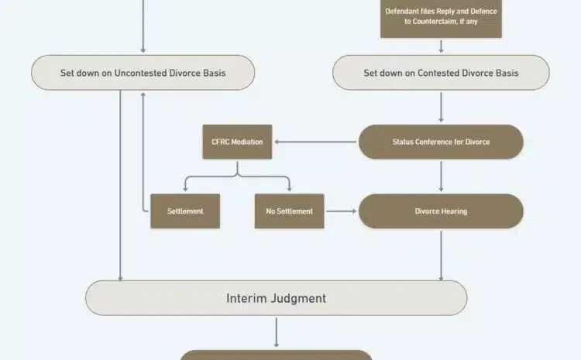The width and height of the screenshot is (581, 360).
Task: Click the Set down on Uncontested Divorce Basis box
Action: tap(143, 73)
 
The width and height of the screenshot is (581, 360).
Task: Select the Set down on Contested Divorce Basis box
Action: tap(441, 73)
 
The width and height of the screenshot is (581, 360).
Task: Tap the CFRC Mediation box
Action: tap(237, 142)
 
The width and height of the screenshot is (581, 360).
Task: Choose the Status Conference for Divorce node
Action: tap(441, 142)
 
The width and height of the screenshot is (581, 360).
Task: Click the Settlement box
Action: tap(185, 211)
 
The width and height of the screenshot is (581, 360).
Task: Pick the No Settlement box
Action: tap(289, 211)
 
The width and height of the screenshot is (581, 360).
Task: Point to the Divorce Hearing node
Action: tap(441, 211)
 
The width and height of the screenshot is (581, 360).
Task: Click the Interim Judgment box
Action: tap(276, 298)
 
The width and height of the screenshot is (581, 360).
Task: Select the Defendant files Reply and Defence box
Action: tap(441, 17)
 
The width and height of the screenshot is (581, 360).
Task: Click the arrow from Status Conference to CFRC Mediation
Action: tap(316, 142)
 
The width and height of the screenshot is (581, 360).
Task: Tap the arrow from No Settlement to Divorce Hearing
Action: tap(342, 211)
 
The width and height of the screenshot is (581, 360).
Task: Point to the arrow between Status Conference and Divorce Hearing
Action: tap(441, 177)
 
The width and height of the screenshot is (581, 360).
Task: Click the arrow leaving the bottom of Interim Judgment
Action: tap(276, 332)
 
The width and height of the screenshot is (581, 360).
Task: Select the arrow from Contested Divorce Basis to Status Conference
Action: tap(441, 107)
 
